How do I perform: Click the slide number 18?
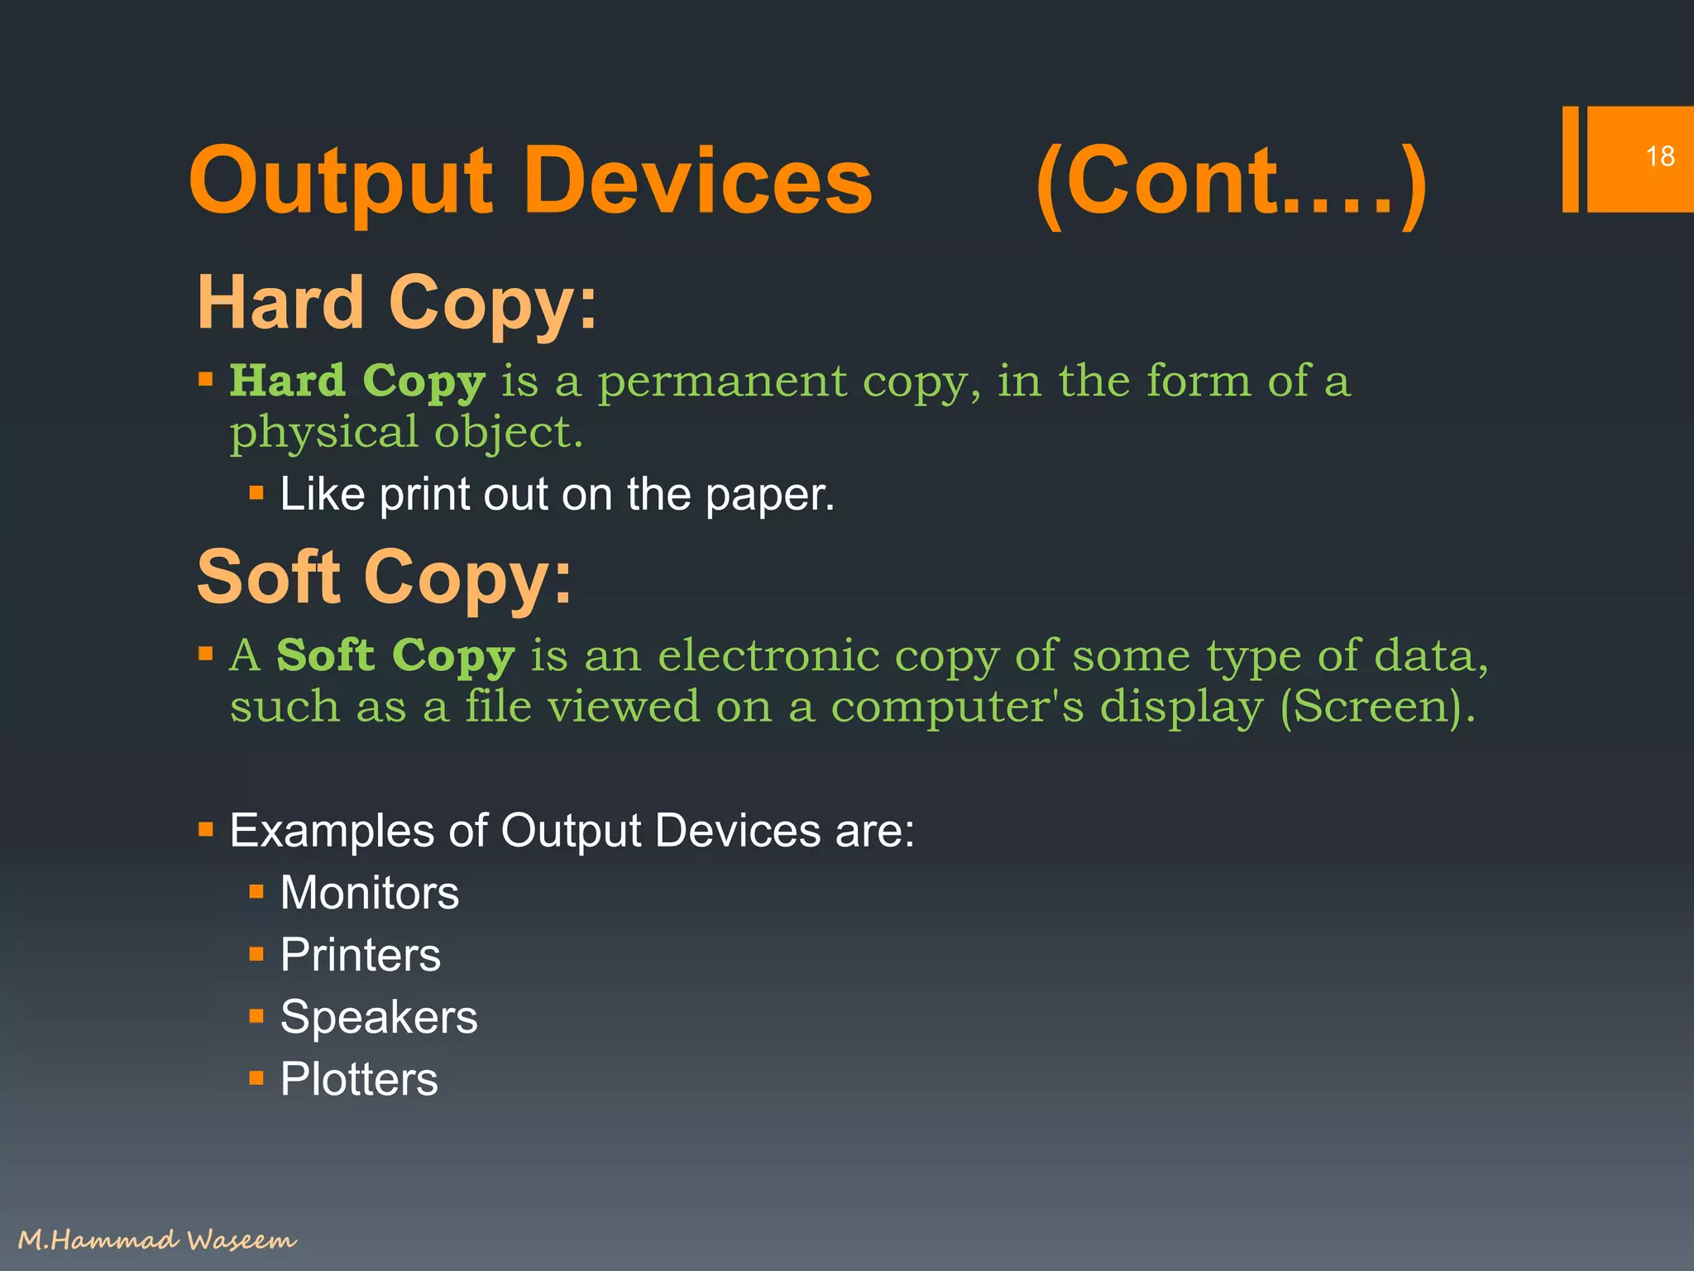(1659, 156)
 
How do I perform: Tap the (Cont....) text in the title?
(1230, 183)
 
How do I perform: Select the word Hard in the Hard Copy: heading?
(280, 303)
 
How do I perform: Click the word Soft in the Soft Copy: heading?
(268, 577)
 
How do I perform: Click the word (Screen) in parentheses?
(1376, 707)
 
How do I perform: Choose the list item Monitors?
(369, 893)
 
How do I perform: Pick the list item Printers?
(360, 955)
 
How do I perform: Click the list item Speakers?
(378, 1017)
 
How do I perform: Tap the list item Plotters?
(358, 1079)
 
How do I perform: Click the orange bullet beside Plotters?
(256, 1078)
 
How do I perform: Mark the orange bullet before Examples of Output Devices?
(206, 829)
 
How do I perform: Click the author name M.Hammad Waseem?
(156, 1240)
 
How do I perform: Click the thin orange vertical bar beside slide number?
(1569, 159)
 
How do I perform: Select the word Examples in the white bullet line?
(331, 831)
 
